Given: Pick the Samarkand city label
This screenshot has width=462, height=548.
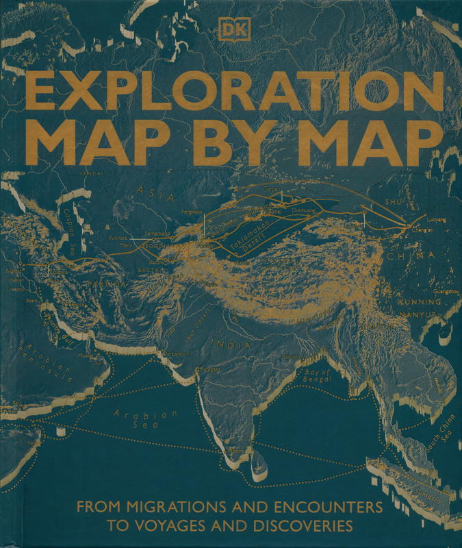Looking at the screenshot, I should [157, 234].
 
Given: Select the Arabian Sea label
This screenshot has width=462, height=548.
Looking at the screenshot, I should [144, 419].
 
